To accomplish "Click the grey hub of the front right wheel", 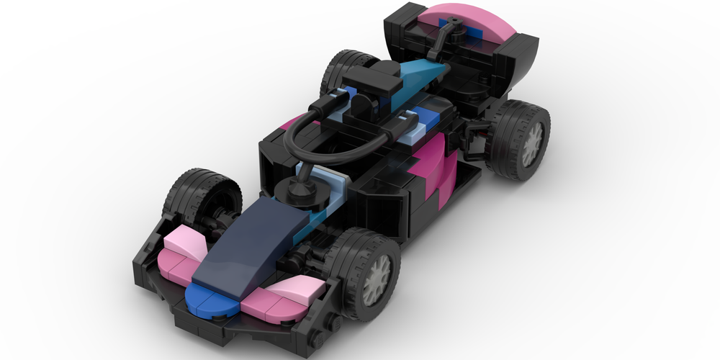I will coord(376,279).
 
